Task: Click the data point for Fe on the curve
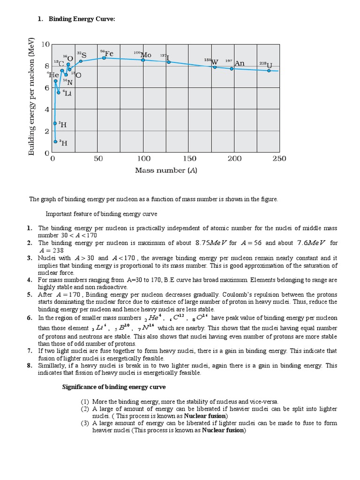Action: pos(104,58)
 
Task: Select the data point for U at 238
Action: pos(269,70)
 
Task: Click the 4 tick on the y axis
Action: pos(47,110)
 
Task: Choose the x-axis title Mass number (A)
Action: pos(166,171)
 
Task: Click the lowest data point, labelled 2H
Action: pos(55,141)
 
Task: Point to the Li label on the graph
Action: pos(67,93)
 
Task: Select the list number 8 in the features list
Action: pos(30,365)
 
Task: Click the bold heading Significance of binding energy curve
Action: pos(114,387)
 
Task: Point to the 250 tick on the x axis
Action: pos(279,159)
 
